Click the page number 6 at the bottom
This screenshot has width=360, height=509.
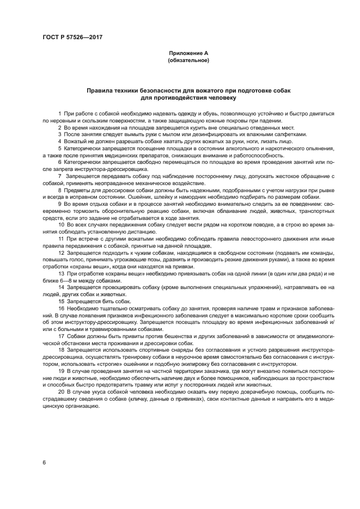(44, 462)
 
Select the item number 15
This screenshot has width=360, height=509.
(61, 301)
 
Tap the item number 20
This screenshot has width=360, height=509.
(61, 391)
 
